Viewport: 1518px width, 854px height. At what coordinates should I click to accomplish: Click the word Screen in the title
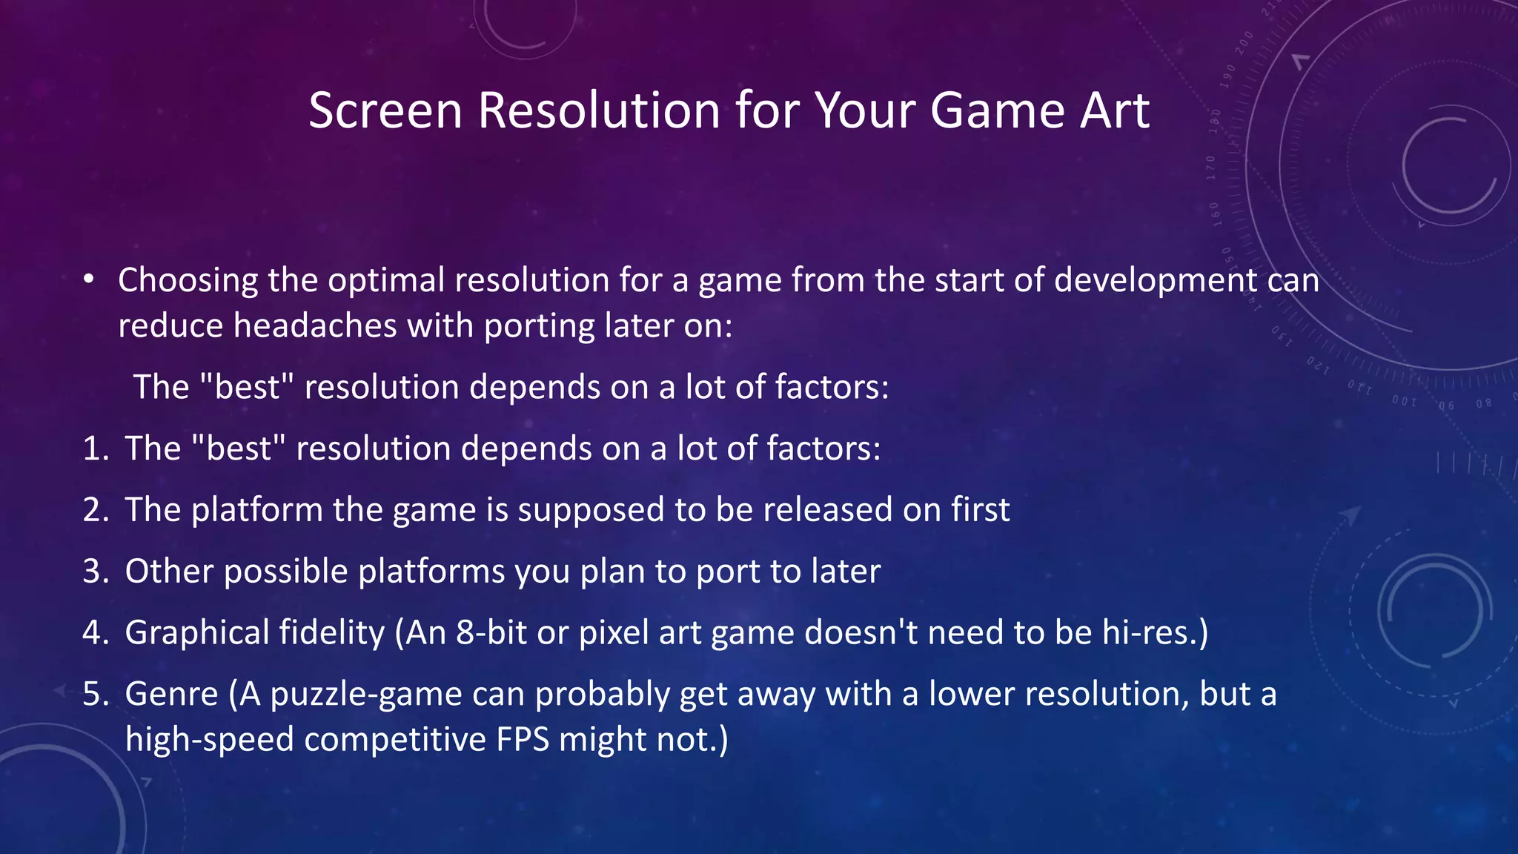(x=385, y=111)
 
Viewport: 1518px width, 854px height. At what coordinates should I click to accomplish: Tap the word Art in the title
(x=1114, y=111)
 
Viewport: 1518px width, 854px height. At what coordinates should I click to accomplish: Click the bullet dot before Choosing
(x=89, y=280)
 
